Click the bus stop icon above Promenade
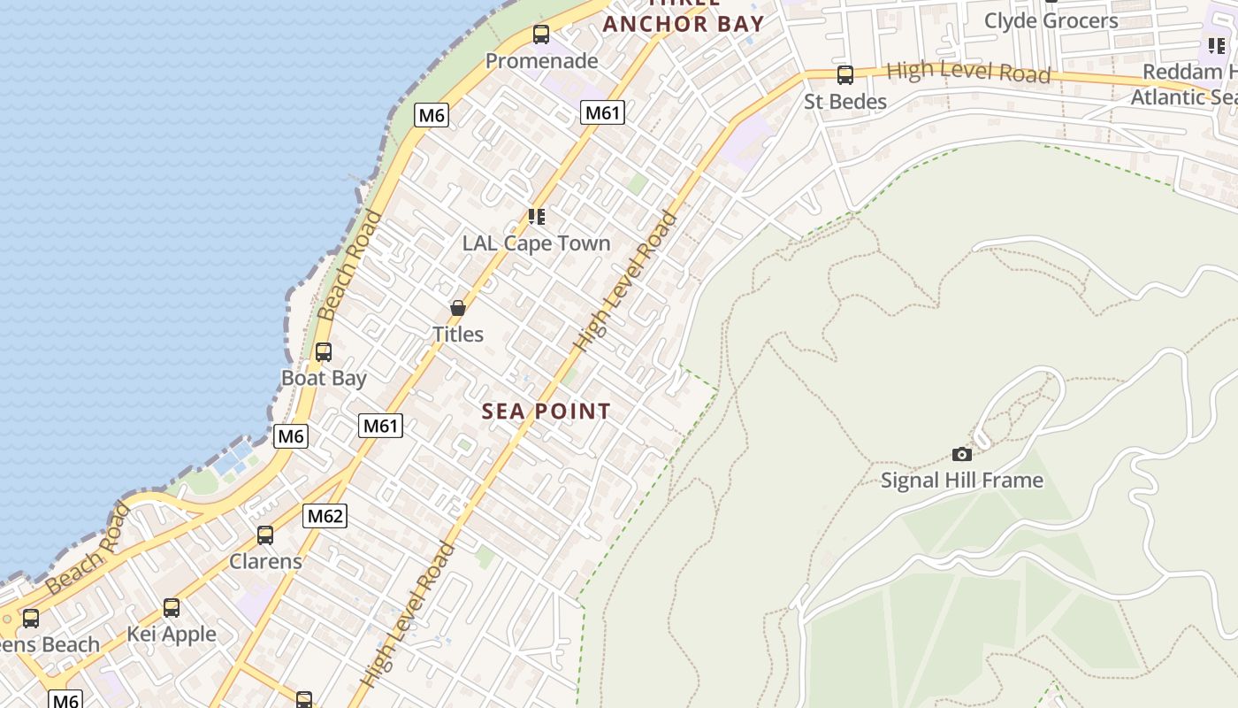tap(541, 35)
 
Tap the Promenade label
tap(542, 61)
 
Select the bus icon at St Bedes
tap(845, 75)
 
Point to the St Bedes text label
tap(845, 102)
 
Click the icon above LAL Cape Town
tap(536, 217)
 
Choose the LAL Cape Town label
tap(536, 243)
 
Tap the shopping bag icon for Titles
tap(458, 308)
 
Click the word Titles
tap(458, 335)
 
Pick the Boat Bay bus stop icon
tap(324, 352)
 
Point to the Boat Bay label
tap(324, 378)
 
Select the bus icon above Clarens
tap(265, 535)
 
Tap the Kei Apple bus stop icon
tap(172, 608)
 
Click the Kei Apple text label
tap(172, 635)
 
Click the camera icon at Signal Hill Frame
tap(962, 454)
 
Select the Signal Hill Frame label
tap(962, 481)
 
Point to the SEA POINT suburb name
tap(546, 412)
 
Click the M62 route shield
tap(325, 516)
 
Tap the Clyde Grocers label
tap(1051, 20)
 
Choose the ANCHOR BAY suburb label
tap(684, 23)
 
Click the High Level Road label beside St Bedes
tap(968, 72)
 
